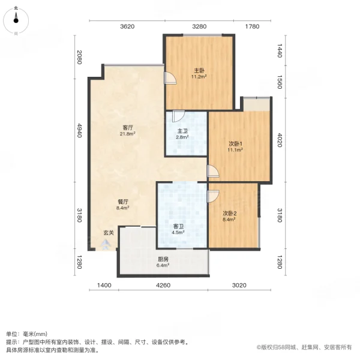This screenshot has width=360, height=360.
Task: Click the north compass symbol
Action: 16,20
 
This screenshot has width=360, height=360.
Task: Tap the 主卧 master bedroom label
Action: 199,70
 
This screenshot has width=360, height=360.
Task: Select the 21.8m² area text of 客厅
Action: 127,134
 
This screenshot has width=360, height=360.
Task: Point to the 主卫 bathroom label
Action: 182,131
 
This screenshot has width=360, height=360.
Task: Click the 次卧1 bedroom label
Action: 235,144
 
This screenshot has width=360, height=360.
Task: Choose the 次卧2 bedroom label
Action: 230,213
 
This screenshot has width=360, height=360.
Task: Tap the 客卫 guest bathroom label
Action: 178,226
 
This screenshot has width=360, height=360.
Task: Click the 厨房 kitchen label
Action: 163,259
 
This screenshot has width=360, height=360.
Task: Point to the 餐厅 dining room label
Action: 123,202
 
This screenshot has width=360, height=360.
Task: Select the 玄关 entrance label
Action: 109,233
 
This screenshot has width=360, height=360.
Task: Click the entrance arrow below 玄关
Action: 106,245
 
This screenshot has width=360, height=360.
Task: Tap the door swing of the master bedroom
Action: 170,78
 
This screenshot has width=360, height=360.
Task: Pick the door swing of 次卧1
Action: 213,171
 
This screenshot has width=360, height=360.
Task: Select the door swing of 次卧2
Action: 213,196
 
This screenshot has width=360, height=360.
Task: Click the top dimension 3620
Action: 127,26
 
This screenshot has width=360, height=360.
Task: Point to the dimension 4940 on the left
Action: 79,130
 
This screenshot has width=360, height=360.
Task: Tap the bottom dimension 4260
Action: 163,285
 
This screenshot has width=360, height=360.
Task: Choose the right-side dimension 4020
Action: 280,140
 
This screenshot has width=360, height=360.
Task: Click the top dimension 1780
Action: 252,26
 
